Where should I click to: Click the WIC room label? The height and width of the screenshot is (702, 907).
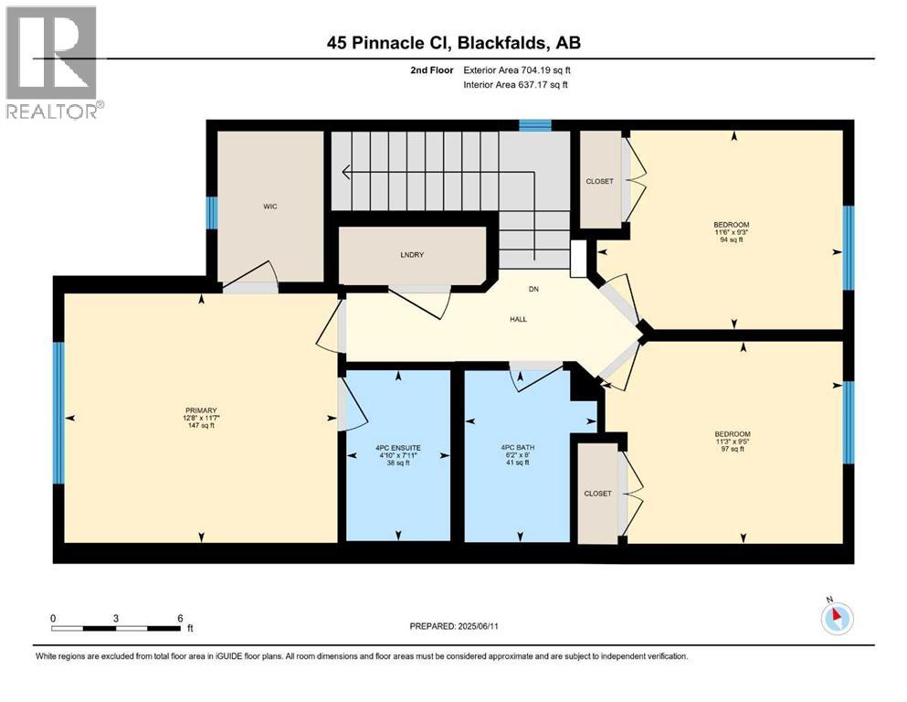pos(269,207)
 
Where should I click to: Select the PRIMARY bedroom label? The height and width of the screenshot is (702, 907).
pos(198,410)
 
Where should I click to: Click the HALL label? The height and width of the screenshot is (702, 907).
pos(519,319)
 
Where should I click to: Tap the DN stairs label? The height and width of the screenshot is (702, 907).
pos(535,291)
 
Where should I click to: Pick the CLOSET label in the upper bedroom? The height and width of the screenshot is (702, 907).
pos(599,181)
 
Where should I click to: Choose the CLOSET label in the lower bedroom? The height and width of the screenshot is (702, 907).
pos(597,494)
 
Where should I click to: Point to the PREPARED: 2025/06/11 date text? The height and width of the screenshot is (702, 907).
pos(458,626)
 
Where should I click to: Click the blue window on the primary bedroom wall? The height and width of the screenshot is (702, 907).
pos(58,413)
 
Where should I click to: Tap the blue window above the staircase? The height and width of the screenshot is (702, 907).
pos(535,126)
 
